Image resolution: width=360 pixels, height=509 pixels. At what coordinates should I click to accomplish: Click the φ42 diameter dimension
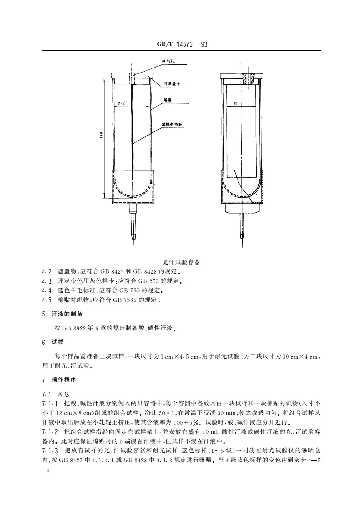[x=121, y=104]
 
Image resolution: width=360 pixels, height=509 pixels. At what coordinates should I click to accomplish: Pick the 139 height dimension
[x=102, y=135]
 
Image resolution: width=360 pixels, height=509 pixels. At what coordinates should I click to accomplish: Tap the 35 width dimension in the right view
[x=235, y=103]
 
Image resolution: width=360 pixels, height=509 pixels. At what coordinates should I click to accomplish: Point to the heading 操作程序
[x=65, y=379]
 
